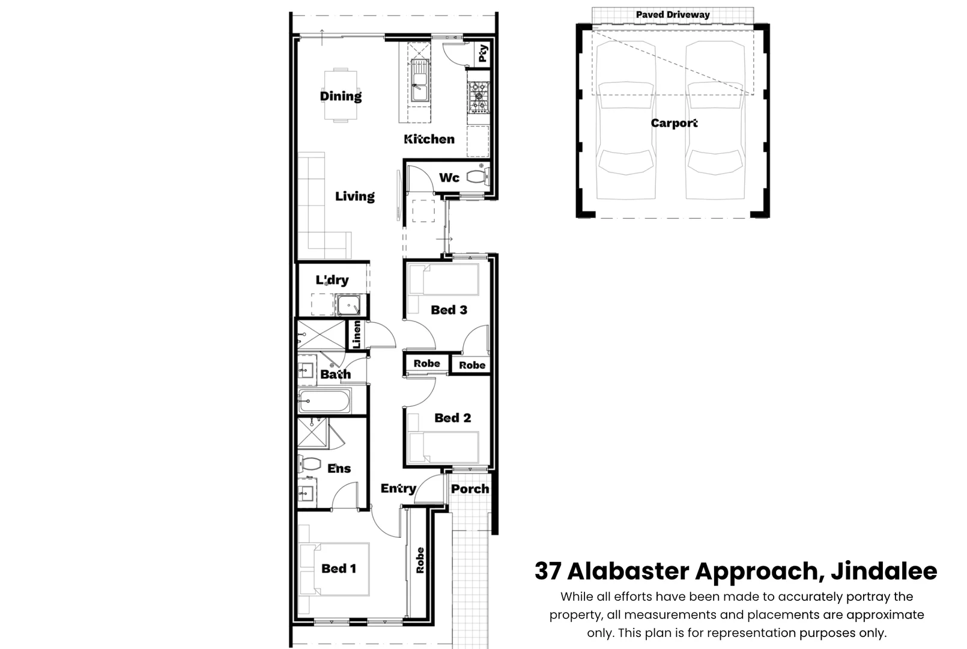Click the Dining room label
pyautogui.click(x=341, y=96)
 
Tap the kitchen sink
pyautogui.click(x=419, y=81)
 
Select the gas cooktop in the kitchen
pyautogui.click(x=478, y=97)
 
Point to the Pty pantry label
pyautogui.click(x=483, y=53)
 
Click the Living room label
pyautogui.click(x=355, y=197)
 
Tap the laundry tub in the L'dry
pyautogui.click(x=348, y=305)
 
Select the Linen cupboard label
pyautogui.click(x=357, y=334)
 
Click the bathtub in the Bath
pyautogui.click(x=324, y=401)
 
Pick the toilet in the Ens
pyautogui.click(x=309, y=464)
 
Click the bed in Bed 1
pyautogui.click(x=335, y=569)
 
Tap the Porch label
pyautogui.click(x=470, y=489)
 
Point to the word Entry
pyautogui.click(x=398, y=489)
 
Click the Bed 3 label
pyautogui.click(x=449, y=310)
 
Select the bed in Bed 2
pyautogui.click(x=444, y=447)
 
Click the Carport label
pyautogui.click(x=674, y=124)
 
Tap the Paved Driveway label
pyautogui.click(x=673, y=14)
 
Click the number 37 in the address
pyautogui.click(x=548, y=571)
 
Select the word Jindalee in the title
pyautogui.click(x=884, y=571)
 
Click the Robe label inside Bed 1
pyautogui.click(x=420, y=561)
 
